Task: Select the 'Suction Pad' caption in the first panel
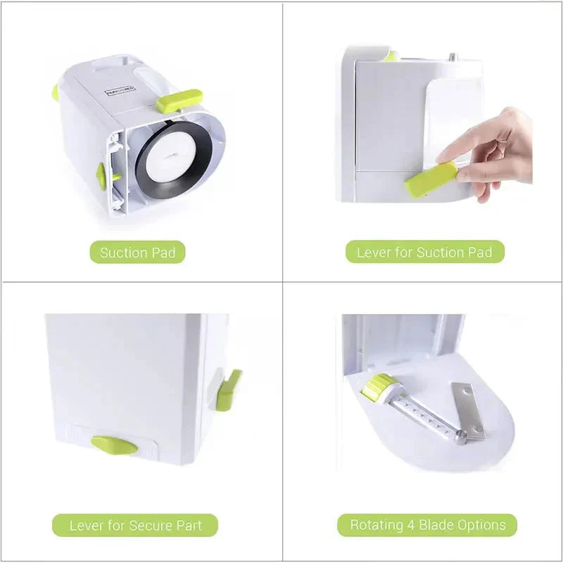click(x=138, y=253)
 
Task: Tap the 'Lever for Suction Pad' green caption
click(x=424, y=252)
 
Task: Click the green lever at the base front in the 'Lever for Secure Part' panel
click(x=115, y=445)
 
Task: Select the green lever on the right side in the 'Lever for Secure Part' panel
click(x=229, y=389)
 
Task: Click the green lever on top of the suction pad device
click(x=179, y=101)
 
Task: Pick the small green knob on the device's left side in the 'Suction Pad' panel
click(x=101, y=176)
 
